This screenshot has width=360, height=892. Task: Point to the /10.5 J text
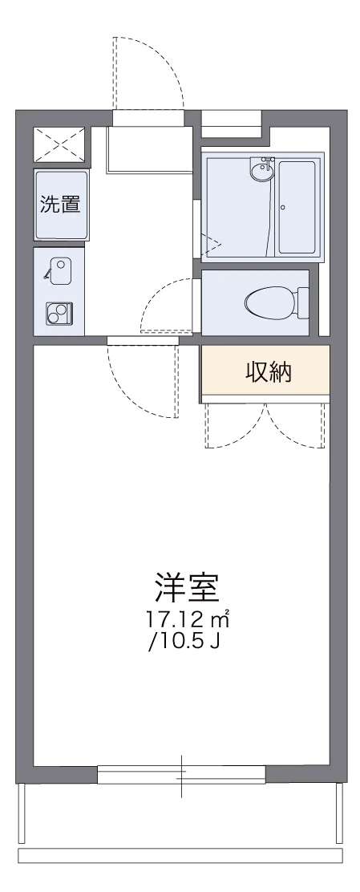tap(182, 642)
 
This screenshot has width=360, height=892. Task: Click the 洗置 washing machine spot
tap(60, 204)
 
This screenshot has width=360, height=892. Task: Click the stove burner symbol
tap(59, 312)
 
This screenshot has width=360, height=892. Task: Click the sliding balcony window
tap(181, 774)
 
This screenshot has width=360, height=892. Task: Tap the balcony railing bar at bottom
tap(180, 855)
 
